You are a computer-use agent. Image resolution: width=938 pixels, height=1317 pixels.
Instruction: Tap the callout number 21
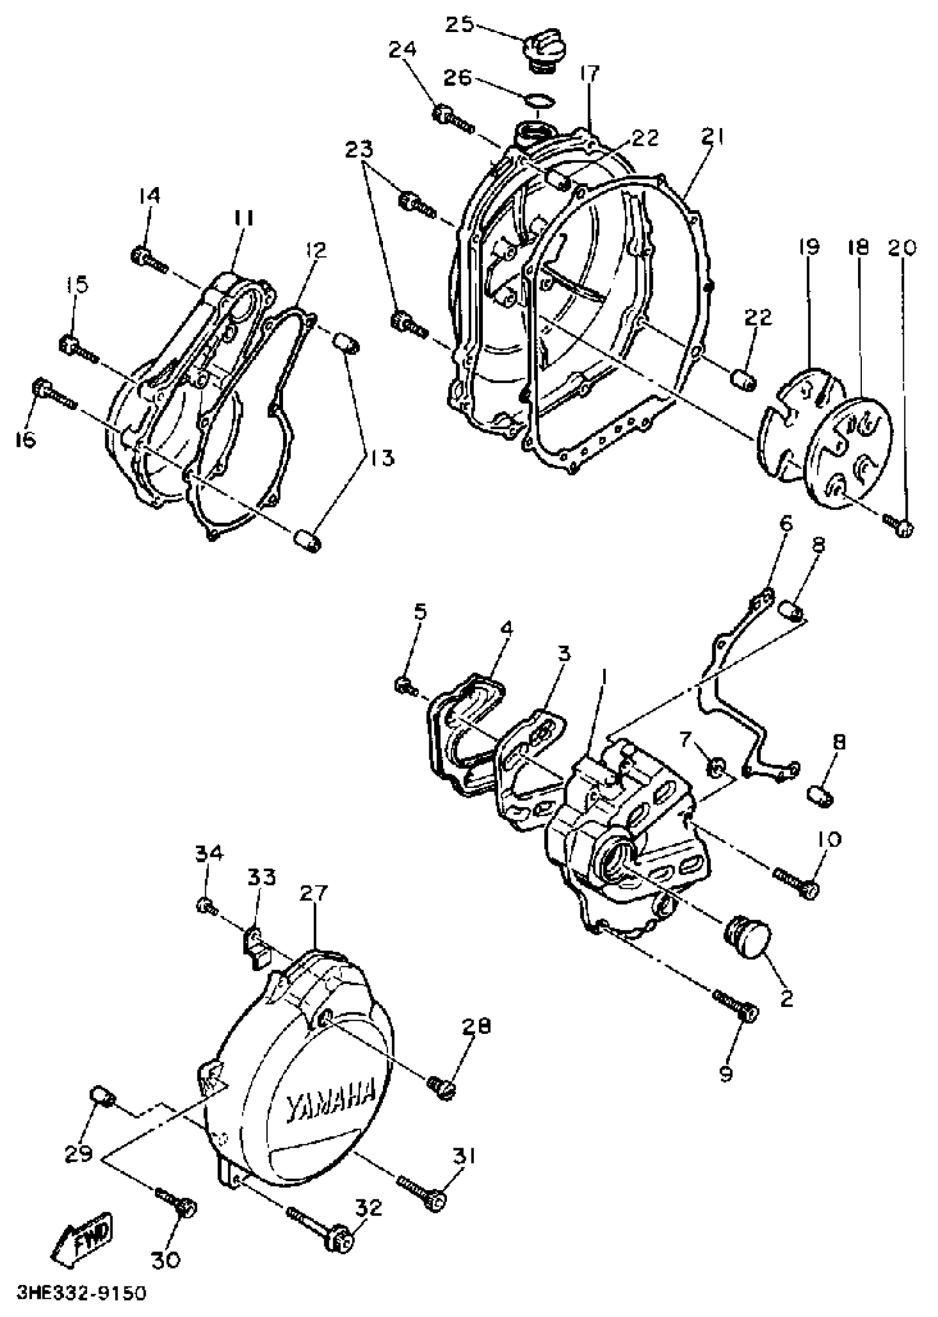point(713,137)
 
